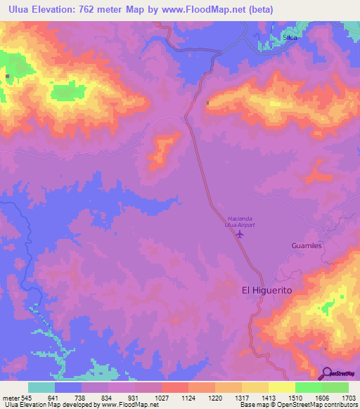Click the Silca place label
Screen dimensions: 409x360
click(x=290, y=38)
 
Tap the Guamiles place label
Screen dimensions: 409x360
click(x=306, y=246)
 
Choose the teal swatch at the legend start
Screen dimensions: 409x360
click(x=41, y=387)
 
